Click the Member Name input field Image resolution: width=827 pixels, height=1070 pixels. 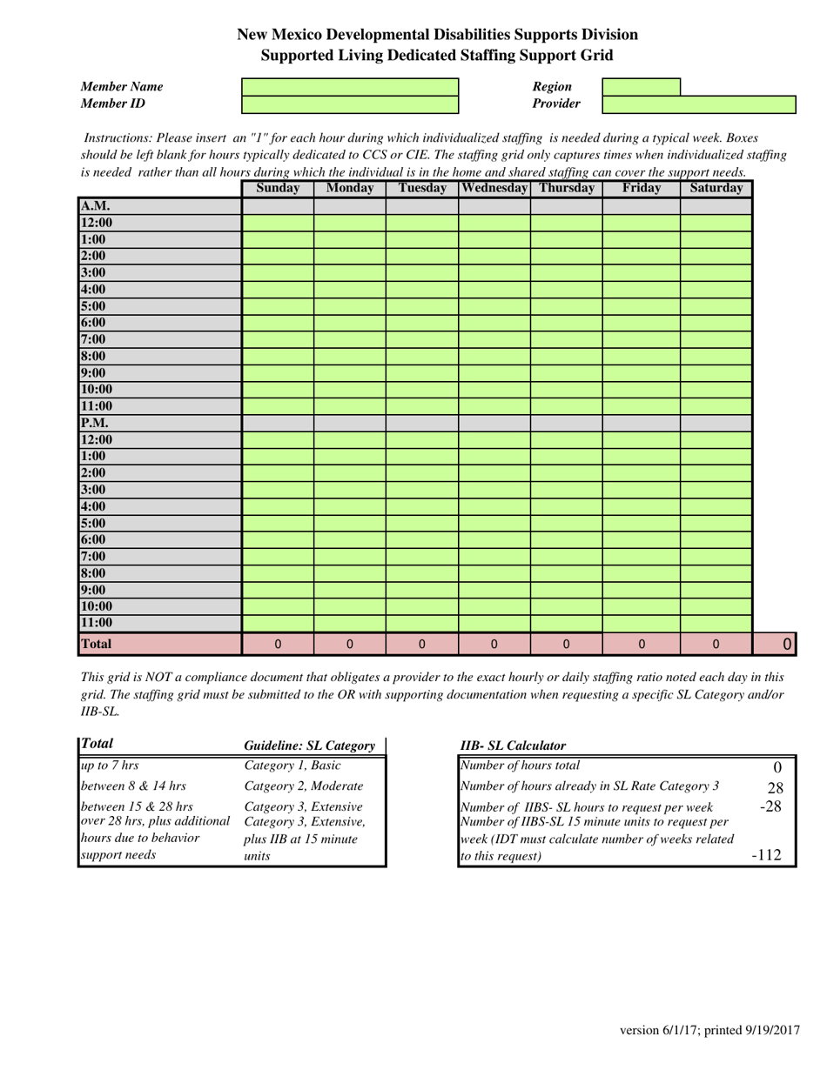(x=349, y=87)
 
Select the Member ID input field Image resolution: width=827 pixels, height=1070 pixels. (x=349, y=104)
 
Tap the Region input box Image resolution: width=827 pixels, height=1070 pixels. (x=641, y=87)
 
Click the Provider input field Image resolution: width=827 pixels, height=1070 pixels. (x=699, y=104)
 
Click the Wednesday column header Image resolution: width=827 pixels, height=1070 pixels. (x=494, y=188)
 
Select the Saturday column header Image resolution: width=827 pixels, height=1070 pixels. (x=716, y=188)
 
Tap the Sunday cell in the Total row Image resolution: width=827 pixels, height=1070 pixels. (x=278, y=645)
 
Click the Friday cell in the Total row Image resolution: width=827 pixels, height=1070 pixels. (x=641, y=645)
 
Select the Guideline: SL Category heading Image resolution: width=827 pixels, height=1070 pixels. (x=309, y=746)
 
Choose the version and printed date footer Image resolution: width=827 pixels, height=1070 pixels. (x=709, y=1031)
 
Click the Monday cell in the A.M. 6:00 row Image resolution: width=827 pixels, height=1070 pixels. (x=349, y=323)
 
